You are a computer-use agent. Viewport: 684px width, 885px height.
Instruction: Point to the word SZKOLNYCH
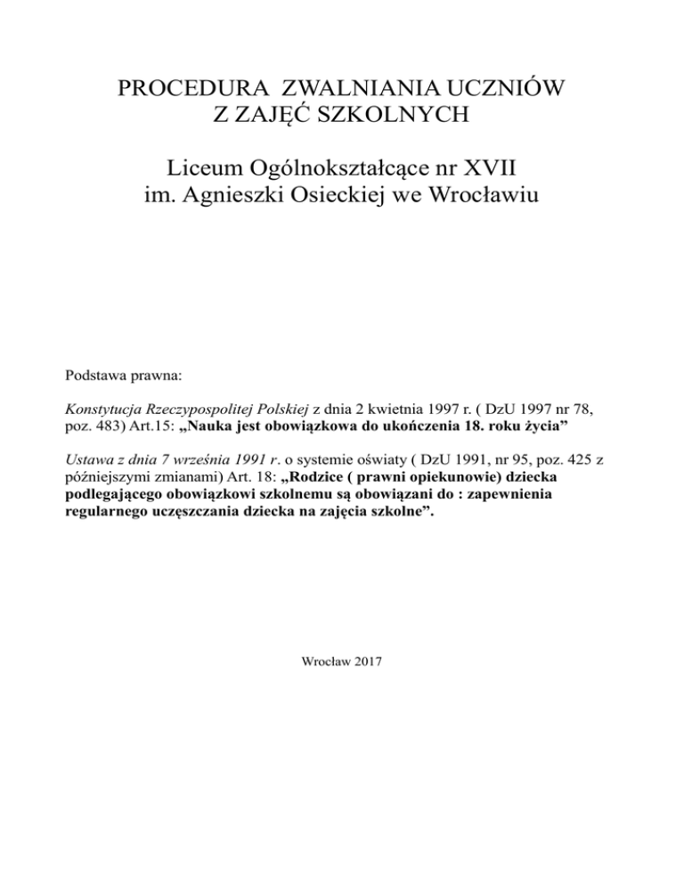coord(388,118)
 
